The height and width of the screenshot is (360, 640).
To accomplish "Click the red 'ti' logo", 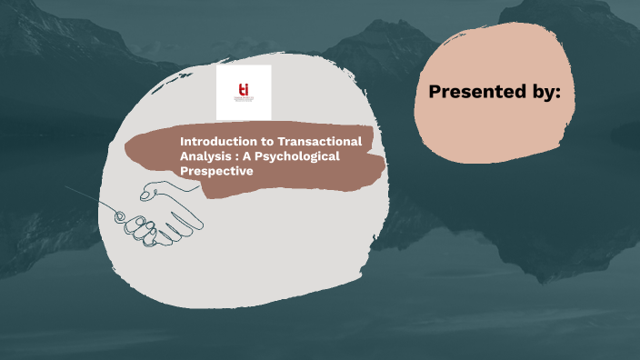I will pos(243,89).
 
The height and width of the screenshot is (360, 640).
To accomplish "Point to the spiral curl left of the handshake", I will pos(118,214).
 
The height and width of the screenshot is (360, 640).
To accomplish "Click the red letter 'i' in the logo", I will pos(246,88).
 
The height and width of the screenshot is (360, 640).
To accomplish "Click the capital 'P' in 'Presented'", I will pos(435,92).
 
